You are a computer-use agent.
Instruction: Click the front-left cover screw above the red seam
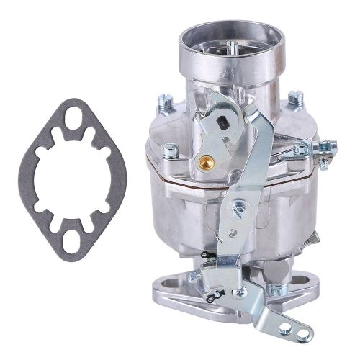pyautogui.click(x=170, y=150)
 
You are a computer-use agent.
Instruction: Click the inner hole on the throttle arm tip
pyautogui.click(x=284, y=328)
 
